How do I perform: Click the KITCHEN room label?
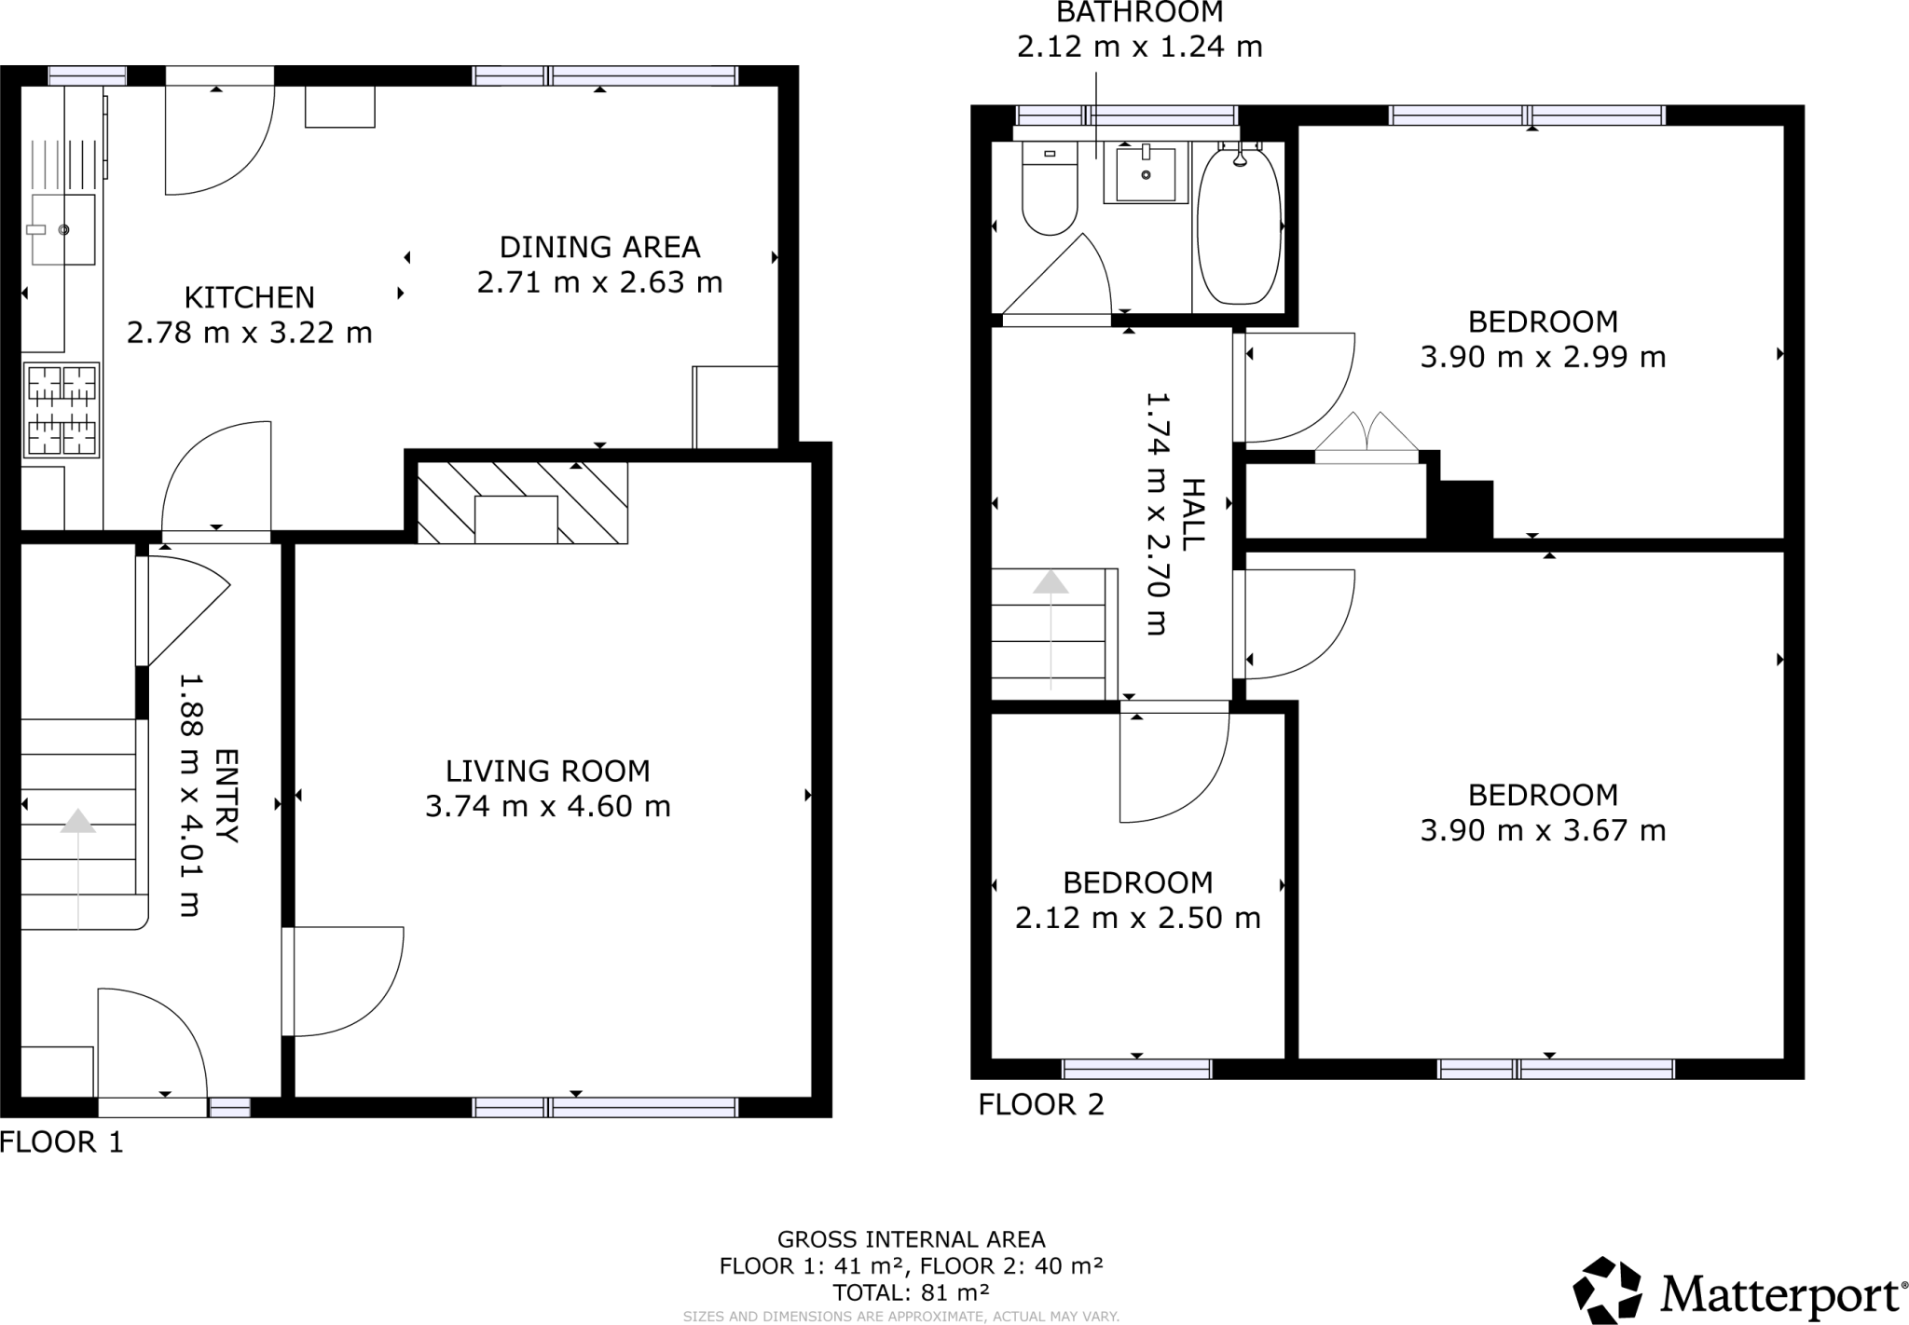tap(249, 297)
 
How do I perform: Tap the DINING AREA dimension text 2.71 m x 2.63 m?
tap(599, 282)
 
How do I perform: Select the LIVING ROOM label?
tap(547, 771)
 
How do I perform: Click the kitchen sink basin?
tap(63, 229)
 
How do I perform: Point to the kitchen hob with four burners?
tap(62, 410)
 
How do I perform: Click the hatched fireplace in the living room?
tap(521, 503)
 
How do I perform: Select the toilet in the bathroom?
tap(1050, 191)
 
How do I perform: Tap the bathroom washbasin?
tap(1146, 174)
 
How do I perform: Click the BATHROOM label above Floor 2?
tap(1139, 13)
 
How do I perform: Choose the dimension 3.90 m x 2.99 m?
tap(1543, 357)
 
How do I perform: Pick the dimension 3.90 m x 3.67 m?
tap(1543, 830)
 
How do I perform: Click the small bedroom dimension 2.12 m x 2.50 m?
tap(1137, 918)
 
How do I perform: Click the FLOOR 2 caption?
tap(1040, 1104)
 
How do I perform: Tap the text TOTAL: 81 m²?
tap(911, 1292)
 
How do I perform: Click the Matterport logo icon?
tap(1607, 1290)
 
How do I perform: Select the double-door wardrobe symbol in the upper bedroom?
tap(1367, 438)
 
